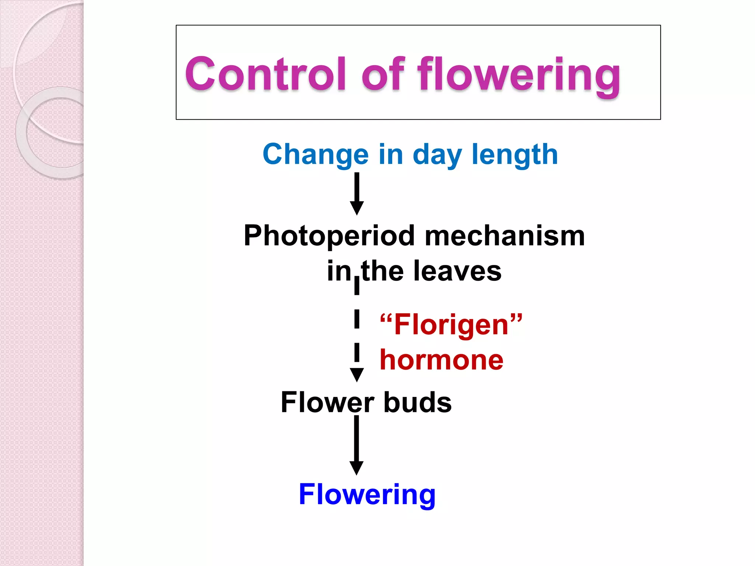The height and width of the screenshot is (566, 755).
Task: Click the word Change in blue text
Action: point(316,155)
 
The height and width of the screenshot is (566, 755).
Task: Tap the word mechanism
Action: point(505,236)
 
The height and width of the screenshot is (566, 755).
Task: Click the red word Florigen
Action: point(452,325)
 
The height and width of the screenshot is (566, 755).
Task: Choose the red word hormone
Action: point(441,360)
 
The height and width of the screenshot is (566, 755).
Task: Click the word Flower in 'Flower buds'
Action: point(327,402)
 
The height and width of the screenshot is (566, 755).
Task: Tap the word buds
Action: point(418,402)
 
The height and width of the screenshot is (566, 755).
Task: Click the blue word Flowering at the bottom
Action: point(367,495)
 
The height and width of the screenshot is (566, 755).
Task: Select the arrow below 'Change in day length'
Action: point(357,193)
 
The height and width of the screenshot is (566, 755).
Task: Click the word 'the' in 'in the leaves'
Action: point(383,271)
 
